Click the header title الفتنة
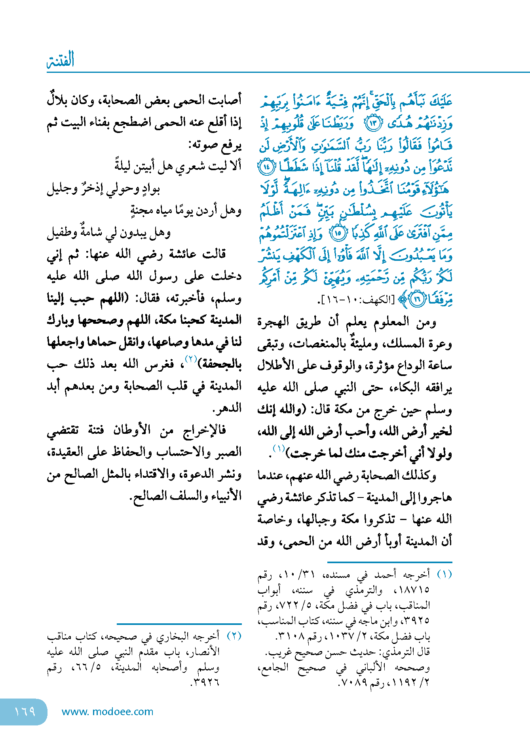point(61,60)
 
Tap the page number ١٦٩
point(25,712)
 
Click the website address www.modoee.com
point(107,712)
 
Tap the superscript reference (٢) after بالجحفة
point(192,359)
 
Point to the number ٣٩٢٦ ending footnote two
point(206,683)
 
